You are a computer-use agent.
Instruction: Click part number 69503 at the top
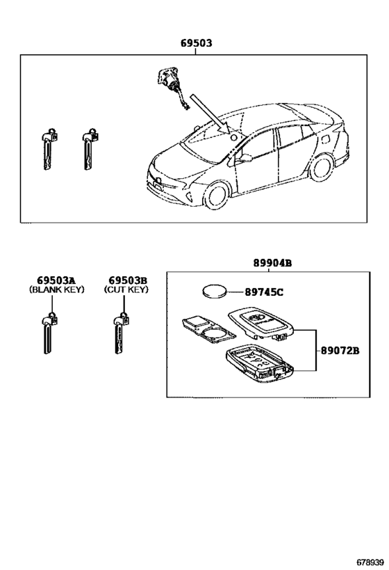(x=197, y=43)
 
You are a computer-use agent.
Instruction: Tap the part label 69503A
(x=56, y=280)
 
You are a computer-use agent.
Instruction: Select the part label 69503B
(x=128, y=280)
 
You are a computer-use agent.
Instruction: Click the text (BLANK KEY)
(x=56, y=290)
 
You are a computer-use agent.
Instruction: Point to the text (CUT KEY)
(x=126, y=290)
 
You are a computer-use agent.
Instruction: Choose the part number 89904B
(x=272, y=263)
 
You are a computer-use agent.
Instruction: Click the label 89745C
(x=264, y=292)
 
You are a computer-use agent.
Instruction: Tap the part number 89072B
(x=340, y=351)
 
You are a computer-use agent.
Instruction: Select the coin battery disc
(x=214, y=291)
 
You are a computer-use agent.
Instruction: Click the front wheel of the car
(x=217, y=195)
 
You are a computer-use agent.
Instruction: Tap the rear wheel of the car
(x=320, y=168)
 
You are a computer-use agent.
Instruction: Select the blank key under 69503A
(x=49, y=333)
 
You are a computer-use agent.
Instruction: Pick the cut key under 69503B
(x=120, y=333)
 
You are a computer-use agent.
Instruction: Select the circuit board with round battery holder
(x=207, y=328)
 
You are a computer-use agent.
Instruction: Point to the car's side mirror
(x=245, y=158)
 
